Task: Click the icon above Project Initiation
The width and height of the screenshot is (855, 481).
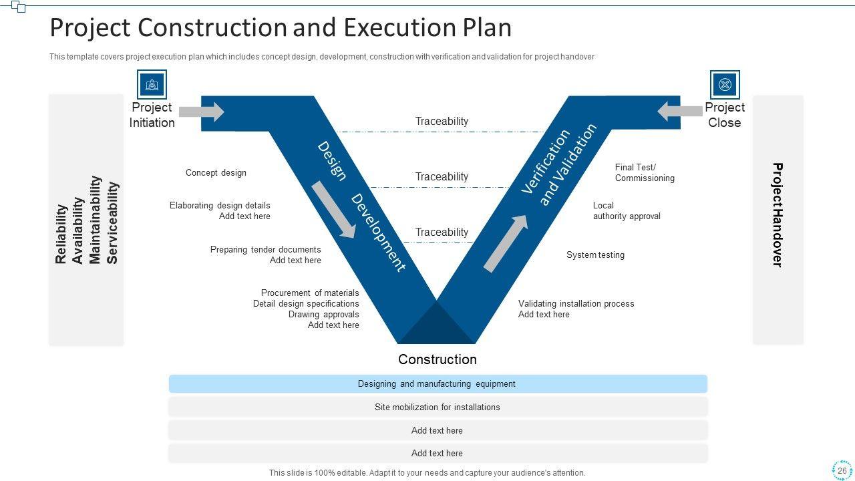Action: tap(152, 85)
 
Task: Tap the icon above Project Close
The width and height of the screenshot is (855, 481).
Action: tap(725, 85)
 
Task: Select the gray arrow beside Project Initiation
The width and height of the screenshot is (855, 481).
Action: tap(201, 112)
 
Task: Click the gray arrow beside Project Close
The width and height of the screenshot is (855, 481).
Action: tap(680, 111)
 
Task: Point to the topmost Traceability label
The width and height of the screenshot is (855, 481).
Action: tap(442, 121)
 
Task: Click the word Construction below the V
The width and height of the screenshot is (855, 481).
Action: tap(438, 359)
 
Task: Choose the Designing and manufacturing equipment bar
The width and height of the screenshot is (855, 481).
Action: tap(438, 384)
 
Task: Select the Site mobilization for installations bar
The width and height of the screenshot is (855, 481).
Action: tap(438, 407)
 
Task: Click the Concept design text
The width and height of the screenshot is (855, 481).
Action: tap(216, 172)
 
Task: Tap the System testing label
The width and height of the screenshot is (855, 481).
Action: tap(595, 255)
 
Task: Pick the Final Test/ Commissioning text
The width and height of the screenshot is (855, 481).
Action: tap(645, 172)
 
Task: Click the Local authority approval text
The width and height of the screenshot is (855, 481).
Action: tap(627, 210)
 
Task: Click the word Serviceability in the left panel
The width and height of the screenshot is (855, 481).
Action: tap(112, 222)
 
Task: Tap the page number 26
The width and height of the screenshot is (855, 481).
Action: tap(842, 470)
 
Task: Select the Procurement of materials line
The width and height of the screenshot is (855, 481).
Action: tap(310, 293)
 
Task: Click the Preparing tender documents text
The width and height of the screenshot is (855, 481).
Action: tap(265, 249)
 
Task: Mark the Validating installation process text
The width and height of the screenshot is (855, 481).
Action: tap(576, 303)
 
